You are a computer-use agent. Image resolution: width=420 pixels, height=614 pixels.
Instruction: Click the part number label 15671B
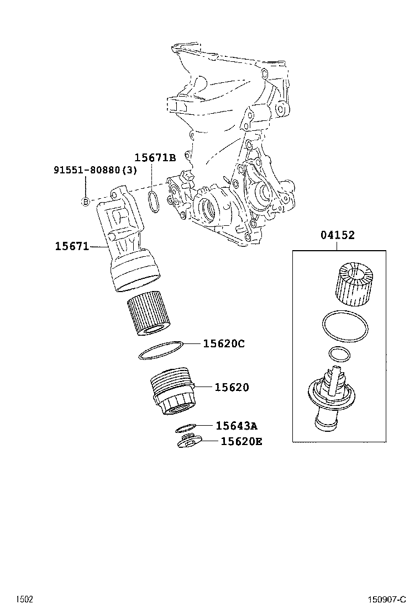coord(155,158)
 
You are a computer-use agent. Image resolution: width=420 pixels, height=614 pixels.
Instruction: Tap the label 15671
coord(71,246)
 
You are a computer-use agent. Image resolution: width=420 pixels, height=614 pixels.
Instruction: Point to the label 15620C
coord(223,344)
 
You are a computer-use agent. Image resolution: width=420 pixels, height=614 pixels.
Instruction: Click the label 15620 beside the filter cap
coord(231,388)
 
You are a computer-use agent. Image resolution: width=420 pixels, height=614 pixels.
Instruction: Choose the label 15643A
coord(236,426)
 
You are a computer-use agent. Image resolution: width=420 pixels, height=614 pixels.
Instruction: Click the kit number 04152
coord(337,235)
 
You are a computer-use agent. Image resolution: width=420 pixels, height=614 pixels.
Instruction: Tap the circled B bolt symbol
coord(86,202)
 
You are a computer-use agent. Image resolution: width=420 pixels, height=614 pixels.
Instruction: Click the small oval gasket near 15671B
coord(153,202)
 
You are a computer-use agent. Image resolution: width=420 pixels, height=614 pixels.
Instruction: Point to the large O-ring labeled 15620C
coord(160,350)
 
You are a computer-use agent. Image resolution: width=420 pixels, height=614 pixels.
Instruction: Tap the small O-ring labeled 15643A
coord(186,427)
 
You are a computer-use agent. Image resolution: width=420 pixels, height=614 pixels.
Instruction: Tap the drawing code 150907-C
coord(387,600)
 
